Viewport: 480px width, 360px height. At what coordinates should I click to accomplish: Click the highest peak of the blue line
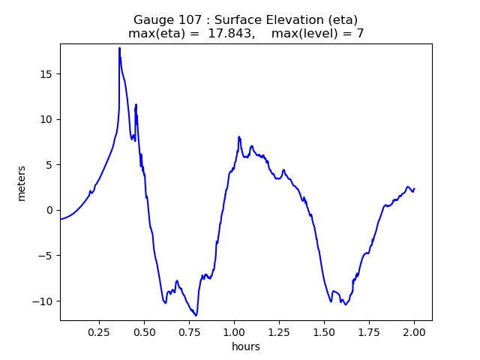point(119,48)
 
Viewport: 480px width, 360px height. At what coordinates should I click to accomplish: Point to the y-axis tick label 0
point(49,210)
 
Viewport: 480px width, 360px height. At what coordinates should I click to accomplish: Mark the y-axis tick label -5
point(46,256)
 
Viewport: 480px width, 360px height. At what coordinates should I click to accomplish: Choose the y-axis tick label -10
point(44,301)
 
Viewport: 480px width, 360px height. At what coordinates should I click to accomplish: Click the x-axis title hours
point(246,346)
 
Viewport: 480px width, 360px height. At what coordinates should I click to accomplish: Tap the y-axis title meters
point(22,183)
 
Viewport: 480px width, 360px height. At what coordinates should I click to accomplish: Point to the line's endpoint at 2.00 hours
point(414,189)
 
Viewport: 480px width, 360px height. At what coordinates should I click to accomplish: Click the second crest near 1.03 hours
point(239,137)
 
